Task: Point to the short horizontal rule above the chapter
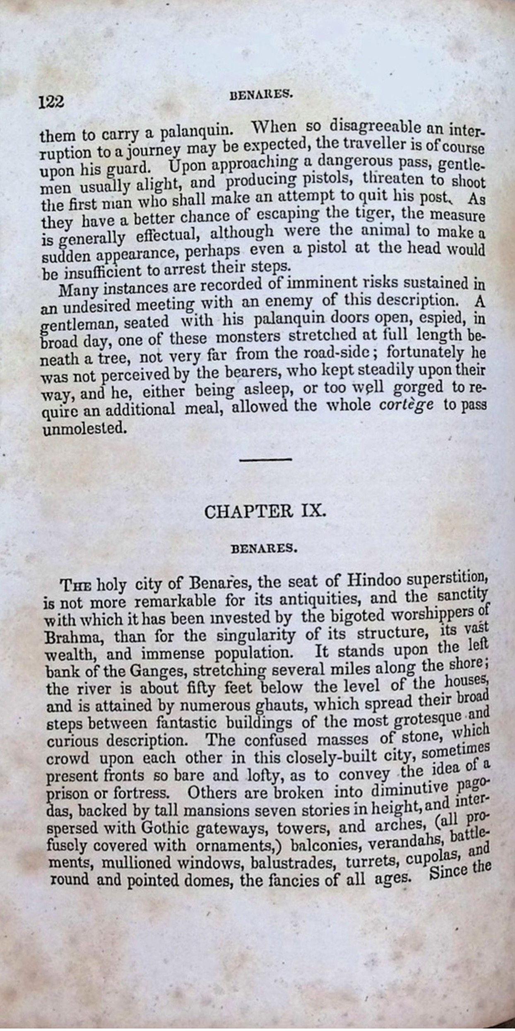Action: (266, 459)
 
